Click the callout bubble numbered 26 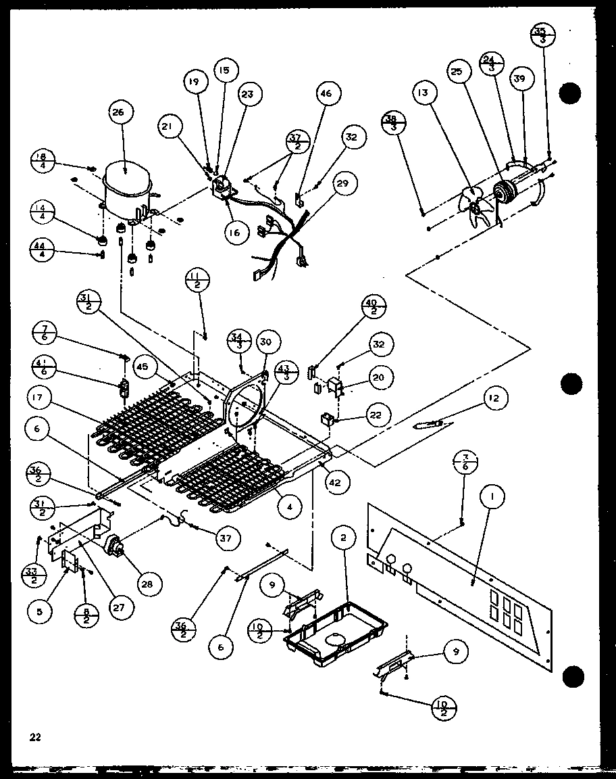click(x=119, y=113)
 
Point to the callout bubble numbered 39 click(x=519, y=79)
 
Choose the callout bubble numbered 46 click(x=326, y=94)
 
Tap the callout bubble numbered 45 click(x=143, y=367)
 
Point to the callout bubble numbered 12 click(x=494, y=399)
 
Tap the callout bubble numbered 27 click(x=118, y=607)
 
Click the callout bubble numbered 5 click(x=40, y=611)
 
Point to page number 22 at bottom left click(x=35, y=737)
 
